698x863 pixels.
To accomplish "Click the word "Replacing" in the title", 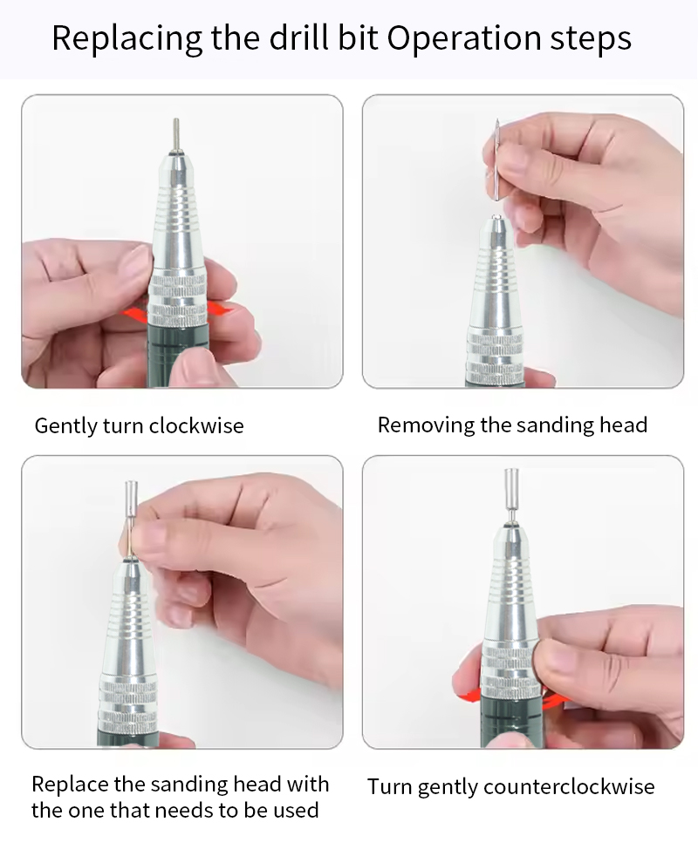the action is [127, 39].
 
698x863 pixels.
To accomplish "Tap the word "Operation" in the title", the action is [464, 39].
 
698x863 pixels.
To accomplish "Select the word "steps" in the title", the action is [591, 39].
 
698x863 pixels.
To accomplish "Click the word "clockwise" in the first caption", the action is [196, 425].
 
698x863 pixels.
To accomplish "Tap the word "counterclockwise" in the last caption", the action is [569, 786].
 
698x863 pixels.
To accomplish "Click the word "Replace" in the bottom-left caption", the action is [70, 784].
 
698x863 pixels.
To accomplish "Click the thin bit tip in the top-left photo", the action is [176, 133].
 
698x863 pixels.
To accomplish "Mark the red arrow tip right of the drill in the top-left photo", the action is [225, 309].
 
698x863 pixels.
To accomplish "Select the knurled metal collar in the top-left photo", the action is [178, 299].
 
